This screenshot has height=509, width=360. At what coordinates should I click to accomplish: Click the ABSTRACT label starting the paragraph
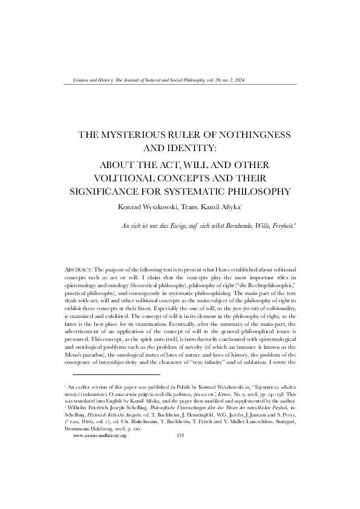[77, 267]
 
